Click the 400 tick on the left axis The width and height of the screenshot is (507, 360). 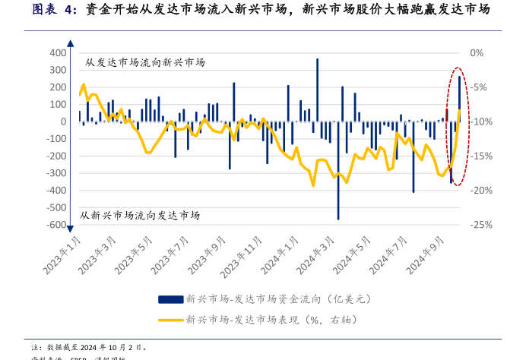tap(57, 53)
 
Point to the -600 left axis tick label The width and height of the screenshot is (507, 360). tap(55, 225)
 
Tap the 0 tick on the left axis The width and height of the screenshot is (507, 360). tap(64, 122)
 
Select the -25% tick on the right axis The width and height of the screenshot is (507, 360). tap(482, 225)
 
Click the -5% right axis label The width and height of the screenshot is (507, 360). tap(480, 87)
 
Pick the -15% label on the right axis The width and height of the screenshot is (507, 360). tap(482, 156)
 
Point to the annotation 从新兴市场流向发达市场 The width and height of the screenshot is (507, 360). tap(140, 216)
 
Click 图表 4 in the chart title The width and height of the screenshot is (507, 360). tap(54, 11)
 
